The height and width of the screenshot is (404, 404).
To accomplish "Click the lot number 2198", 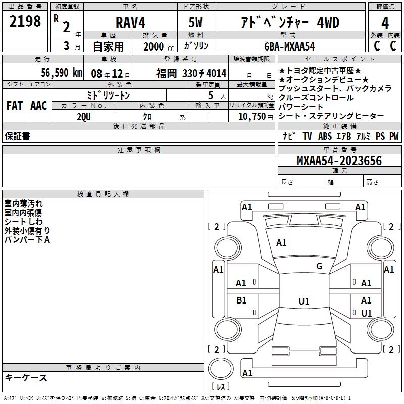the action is coord(25,21).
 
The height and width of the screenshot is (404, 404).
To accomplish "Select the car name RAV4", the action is coord(130,22).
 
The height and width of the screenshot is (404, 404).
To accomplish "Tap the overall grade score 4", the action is coord(385,23).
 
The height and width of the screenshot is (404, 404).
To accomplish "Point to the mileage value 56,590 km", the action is coord(62,73).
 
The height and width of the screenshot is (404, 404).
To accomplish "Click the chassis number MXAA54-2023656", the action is coord(339,161).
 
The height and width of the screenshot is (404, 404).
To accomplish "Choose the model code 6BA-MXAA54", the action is coord(289,46).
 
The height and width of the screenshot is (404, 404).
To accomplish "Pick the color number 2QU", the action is coord(84,117).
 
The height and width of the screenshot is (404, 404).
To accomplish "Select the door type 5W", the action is coord(195,22).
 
